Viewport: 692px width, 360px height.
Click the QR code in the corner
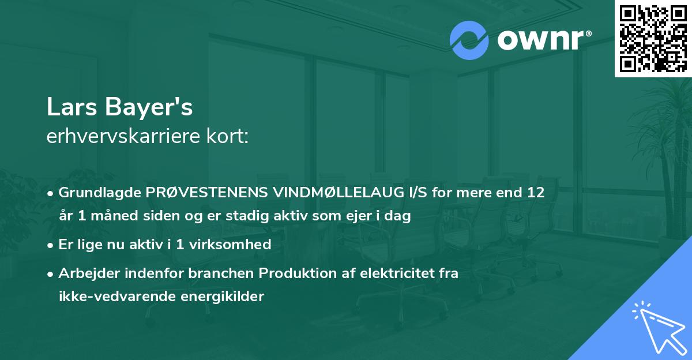[x=653, y=38]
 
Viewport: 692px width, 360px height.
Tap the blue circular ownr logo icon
[x=469, y=40]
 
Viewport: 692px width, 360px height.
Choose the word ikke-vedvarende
[x=111, y=297]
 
